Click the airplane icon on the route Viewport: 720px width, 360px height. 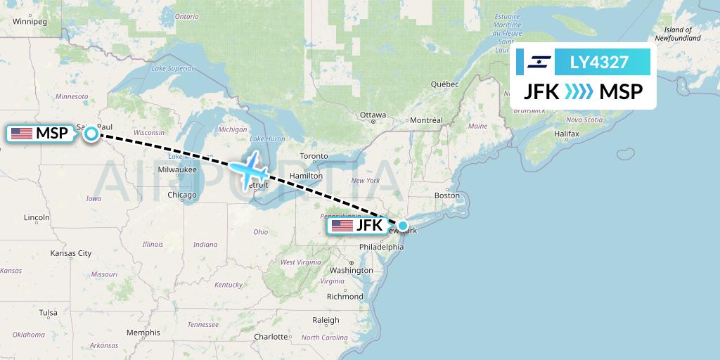(250, 169)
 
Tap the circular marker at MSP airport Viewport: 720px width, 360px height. (92, 134)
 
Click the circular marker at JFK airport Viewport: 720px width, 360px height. (402, 226)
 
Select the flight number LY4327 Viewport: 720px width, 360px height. (600, 63)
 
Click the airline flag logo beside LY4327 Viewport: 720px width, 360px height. (536, 63)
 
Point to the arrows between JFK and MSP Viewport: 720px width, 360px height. (579, 92)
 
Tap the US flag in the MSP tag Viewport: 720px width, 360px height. (22, 134)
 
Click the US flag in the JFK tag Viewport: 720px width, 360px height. (342, 226)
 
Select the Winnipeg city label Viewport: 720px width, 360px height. (29, 22)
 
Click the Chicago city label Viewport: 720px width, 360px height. (182, 195)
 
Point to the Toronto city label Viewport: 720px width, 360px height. (314, 156)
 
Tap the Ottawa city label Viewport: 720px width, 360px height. (373, 115)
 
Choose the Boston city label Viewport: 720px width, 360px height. (447, 195)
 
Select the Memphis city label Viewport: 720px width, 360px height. (143, 333)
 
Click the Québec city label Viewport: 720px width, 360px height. (444, 84)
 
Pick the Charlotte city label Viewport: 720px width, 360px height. (271, 337)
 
